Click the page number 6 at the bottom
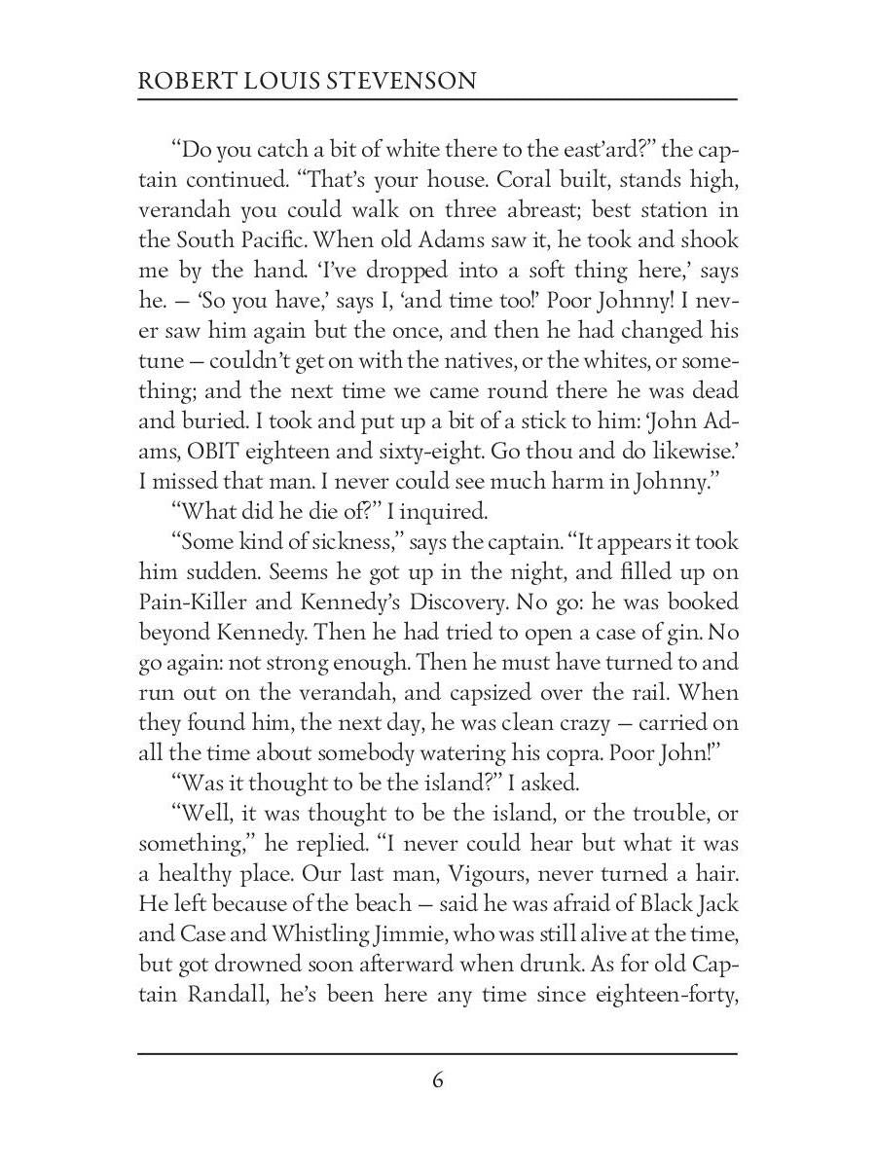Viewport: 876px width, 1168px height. pyautogui.click(x=438, y=1080)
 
